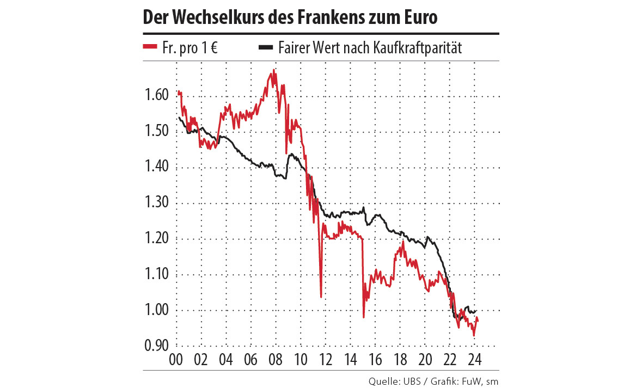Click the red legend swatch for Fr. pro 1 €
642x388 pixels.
point(150,47)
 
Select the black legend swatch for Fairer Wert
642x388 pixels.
point(266,47)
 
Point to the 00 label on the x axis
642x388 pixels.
point(176,360)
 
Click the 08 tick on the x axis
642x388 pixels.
point(275,360)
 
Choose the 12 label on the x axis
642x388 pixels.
point(325,360)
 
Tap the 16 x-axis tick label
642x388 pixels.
point(375,360)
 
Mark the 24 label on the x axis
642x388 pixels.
point(473,360)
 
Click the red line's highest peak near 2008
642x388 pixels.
point(273,70)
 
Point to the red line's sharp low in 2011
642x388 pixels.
point(321,297)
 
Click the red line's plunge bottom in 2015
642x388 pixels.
point(363,317)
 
